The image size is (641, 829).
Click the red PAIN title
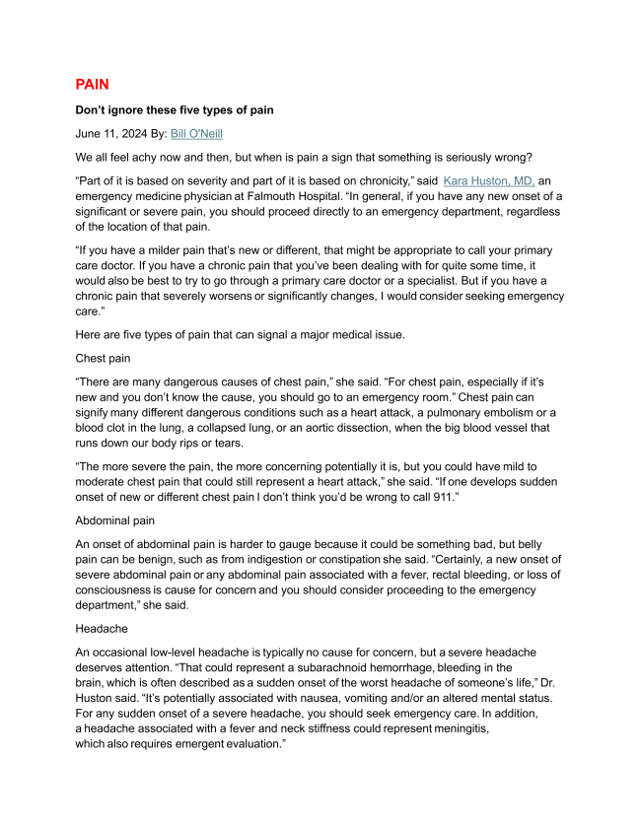coord(99,85)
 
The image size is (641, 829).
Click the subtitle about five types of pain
coord(175,110)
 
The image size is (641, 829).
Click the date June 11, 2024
coord(107,133)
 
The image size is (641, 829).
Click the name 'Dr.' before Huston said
coord(551,683)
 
